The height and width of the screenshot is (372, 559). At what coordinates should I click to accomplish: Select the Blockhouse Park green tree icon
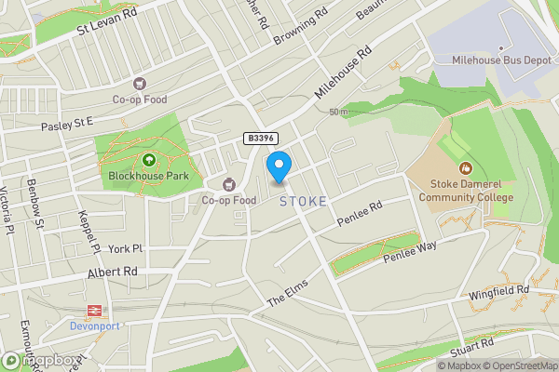click(147, 159)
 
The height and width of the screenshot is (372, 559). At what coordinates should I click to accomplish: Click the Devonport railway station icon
click(93, 311)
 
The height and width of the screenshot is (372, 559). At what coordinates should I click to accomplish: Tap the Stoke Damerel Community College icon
click(466, 168)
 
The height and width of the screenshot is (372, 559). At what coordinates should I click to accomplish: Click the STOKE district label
click(303, 201)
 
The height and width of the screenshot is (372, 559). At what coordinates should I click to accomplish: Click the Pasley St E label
click(67, 122)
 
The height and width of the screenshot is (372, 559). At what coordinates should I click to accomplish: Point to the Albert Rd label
click(112, 271)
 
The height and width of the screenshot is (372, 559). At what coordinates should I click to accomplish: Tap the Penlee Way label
click(410, 252)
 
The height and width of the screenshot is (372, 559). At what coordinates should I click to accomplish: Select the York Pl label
click(124, 249)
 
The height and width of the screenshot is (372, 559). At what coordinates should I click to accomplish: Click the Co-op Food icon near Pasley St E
click(141, 84)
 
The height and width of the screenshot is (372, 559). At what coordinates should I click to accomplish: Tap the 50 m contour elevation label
click(338, 113)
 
